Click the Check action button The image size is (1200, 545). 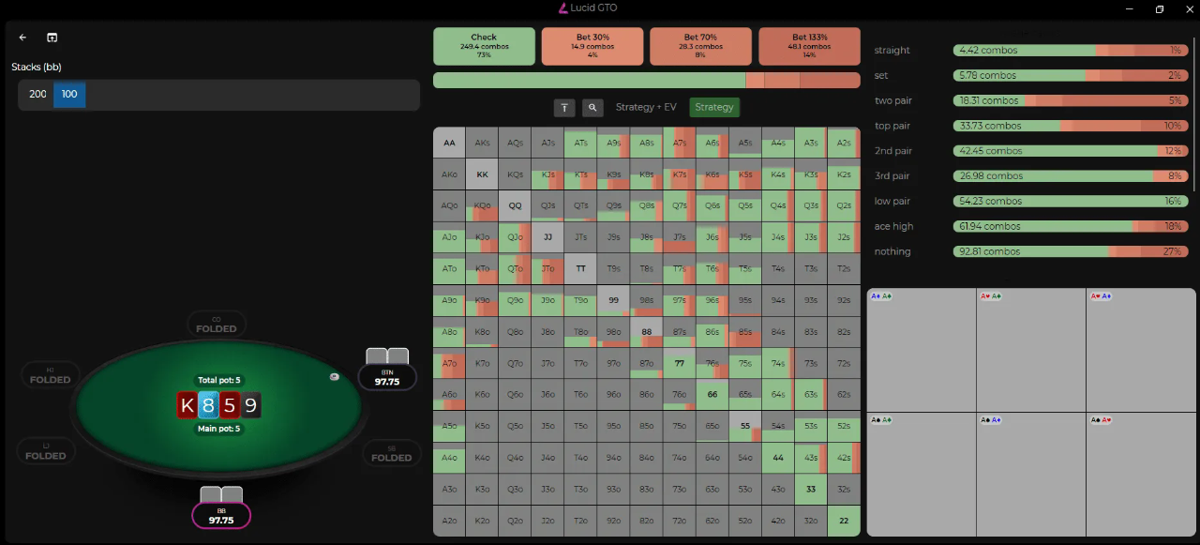[x=484, y=46]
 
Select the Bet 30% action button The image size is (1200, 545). [x=592, y=46]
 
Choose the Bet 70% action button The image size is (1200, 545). [x=700, y=46]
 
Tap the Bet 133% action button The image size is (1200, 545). [x=809, y=46]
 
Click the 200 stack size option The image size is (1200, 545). [x=37, y=95]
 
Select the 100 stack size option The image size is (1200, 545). [x=69, y=95]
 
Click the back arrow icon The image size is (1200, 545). [x=23, y=38]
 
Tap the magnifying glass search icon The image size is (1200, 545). [x=592, y=108]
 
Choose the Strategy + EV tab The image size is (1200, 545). [x=646, y=108]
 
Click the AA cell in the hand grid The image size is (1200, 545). [x=449, y=144]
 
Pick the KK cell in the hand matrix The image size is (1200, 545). [x=482, y=174]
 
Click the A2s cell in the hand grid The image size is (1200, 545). [x=844, y=144]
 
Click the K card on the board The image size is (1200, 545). [x=187, y=405]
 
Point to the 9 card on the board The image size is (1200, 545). [x=250, y=405]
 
